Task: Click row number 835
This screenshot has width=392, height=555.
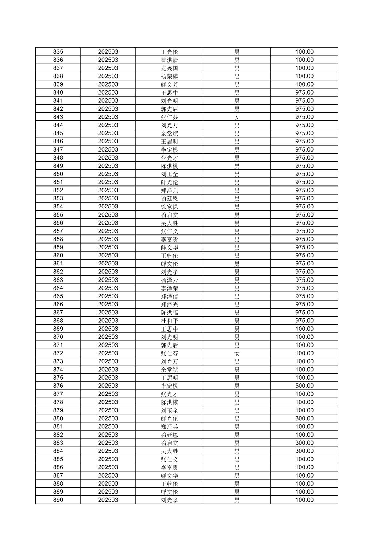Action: tap(58, 52)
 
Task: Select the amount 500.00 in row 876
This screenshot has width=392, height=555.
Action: tap(304, 386)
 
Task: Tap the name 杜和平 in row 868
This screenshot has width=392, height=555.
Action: tap(169, 321)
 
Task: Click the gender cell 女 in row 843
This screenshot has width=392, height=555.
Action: tap(237, 117)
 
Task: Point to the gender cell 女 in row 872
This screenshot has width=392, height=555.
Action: tap(237, 353)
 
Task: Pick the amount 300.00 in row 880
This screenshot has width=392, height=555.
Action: tap(304, 418)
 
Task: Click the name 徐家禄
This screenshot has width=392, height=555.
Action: tap(169, 207)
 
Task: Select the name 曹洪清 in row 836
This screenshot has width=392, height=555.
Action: tap(169, 60)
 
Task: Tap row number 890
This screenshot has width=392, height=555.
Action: tap(58, 500)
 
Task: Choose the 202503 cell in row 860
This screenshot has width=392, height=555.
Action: tap(108, 256)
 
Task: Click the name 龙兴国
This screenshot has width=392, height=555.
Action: tap(169, 68)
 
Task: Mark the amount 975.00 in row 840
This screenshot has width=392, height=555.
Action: tap(304, 93)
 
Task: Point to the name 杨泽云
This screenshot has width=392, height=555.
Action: tap(169, 280)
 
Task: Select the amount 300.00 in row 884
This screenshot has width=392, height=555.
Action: tap(304, 451)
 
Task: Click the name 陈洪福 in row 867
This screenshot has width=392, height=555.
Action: tap(169, 313)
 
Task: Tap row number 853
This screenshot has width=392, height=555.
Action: tap(58, 199)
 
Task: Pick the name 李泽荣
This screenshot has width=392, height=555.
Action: tap(169, 288)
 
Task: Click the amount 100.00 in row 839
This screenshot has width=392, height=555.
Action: tap(304, 84)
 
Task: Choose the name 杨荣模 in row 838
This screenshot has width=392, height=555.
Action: tap(169, 76)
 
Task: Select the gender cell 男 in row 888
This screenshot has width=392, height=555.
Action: tap(237, 484)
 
